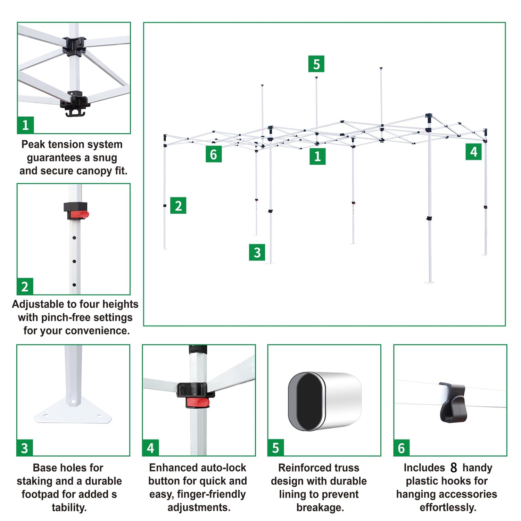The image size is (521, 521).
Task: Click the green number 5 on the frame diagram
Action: click(316, 64)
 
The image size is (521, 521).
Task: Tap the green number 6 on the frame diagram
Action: click(214, 154)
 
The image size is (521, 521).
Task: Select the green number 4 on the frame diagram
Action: click(473, 152)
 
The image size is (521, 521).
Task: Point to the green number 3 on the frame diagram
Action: click(257, 252)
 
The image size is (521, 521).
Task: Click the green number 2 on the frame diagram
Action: click(178, 205)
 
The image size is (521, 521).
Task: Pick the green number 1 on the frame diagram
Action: click(317, 156)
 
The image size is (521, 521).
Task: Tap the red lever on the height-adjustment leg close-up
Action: click(79, 215)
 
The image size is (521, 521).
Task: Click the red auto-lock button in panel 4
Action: click(198, 403)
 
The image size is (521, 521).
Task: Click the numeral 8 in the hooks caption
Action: click(454, 468)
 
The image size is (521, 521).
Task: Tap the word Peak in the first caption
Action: click(33, 144)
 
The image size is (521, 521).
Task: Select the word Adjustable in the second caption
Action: click(39, 305)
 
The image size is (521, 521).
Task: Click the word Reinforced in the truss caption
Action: click(301, 468)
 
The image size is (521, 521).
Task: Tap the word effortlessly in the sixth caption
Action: click(448, 507)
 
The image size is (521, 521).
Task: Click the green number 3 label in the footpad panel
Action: click(25, 448)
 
